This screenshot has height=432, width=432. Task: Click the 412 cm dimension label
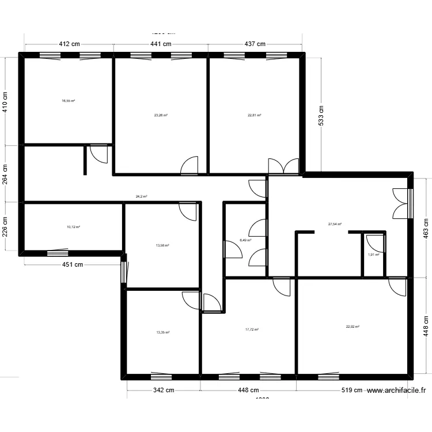[68, 44]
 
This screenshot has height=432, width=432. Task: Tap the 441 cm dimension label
[161, 44]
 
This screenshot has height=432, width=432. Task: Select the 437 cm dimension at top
[255, 44]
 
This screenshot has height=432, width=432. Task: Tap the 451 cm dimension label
[73, 265]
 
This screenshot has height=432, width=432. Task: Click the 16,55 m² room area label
[68, 100]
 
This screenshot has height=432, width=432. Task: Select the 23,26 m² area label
[161, 115]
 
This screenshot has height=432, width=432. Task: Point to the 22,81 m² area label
[255, 115]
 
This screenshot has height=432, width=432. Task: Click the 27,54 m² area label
[335, 224]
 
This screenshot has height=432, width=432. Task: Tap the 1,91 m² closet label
[373, 254]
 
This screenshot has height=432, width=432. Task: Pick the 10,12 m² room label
[73, 227]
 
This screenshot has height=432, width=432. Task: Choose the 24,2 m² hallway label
[141, 196]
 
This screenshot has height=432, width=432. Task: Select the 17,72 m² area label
[252, 329]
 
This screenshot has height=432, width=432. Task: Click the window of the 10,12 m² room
[57, 252]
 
